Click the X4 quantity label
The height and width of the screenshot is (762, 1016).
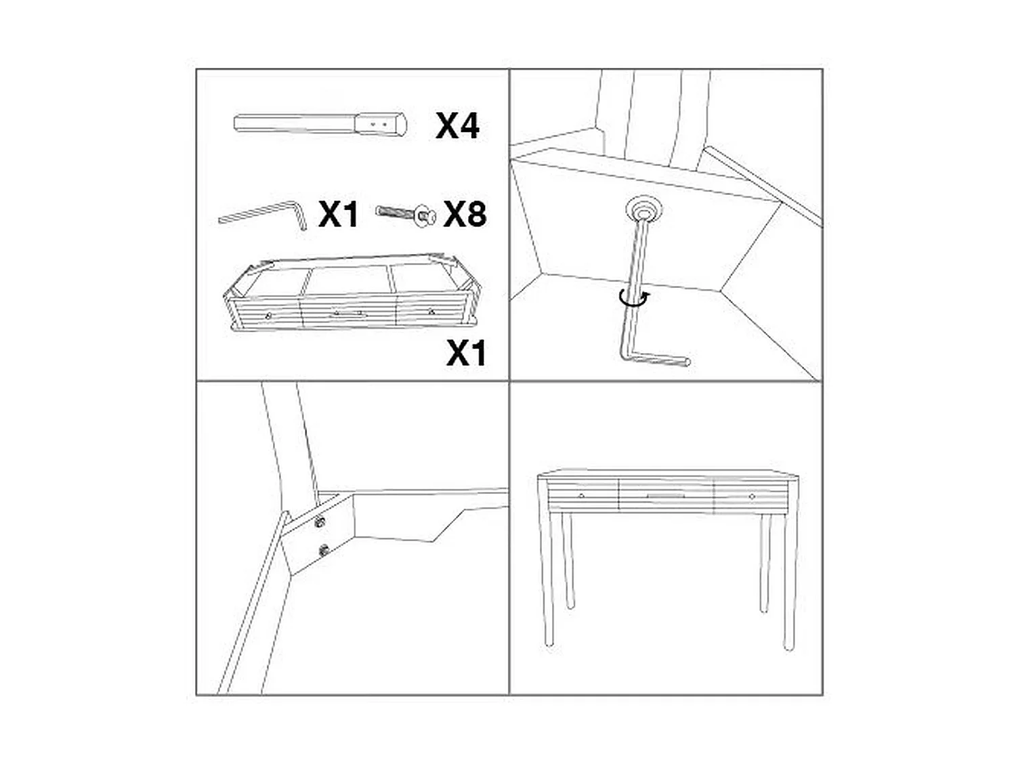tap(458, 126)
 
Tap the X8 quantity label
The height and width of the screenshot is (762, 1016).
tap(465, 214)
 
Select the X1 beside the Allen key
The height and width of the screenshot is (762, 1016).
tap(338, 215)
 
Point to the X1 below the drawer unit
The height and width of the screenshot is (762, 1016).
tap(466, 353)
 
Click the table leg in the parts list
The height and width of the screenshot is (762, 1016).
tap(320, 125)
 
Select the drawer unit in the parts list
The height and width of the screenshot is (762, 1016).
tap(352, 295)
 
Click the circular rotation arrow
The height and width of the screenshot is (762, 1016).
tap(635, 299)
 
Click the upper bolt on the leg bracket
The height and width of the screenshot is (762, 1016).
tap(320, 522)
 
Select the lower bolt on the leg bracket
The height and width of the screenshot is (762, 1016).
tap(324, 550)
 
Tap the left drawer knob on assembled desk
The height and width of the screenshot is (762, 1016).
tap(582, 496)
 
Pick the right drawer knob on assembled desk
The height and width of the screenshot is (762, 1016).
tap(753, 496)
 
